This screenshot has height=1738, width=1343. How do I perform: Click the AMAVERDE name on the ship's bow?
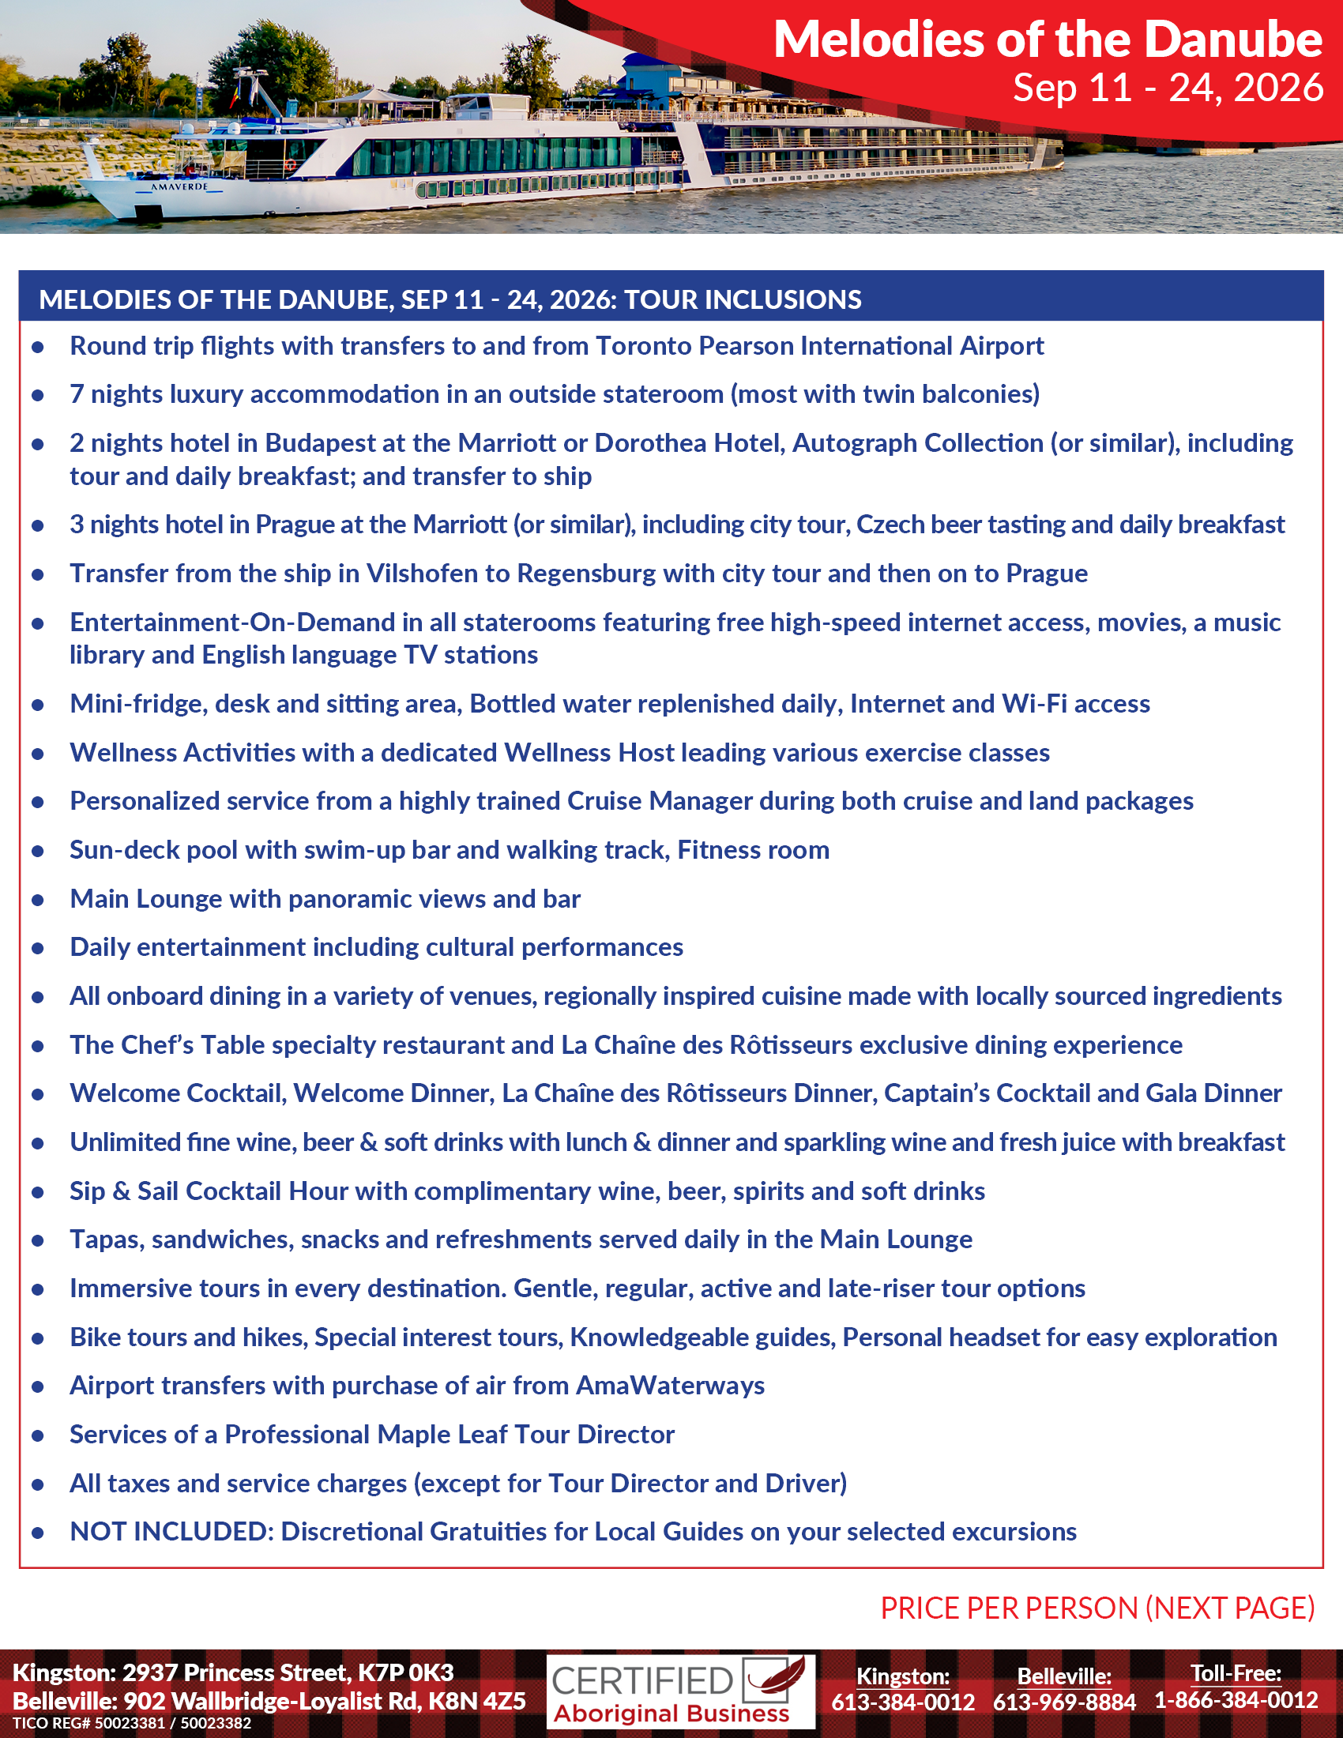pos(179,187)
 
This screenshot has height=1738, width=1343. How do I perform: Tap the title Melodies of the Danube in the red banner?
pos(1047,39)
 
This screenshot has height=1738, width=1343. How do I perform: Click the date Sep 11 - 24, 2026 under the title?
pos(1167,88)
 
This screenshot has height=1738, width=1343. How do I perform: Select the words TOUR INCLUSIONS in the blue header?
pos(742,299)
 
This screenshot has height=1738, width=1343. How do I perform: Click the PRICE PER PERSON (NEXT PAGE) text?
pos(1097,1608)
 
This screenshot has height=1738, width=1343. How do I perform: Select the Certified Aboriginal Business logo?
pos(680,1691)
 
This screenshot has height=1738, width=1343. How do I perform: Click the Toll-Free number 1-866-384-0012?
pos(1236,1700)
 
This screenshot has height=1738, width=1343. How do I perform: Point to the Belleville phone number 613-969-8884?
pos(1064,1702)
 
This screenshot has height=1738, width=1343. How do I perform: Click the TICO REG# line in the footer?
pos(131,1724)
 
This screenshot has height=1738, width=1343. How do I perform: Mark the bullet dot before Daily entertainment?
pos(37,948)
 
